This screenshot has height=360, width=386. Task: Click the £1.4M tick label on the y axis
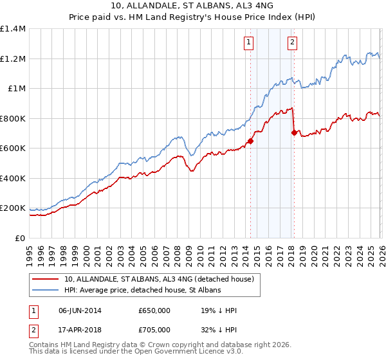click(x=12, y=29)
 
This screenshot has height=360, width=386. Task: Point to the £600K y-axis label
click(x=12, y=148)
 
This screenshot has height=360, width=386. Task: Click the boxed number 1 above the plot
click(x=248, y=43)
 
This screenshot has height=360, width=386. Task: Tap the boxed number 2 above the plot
click(x=292, y=43)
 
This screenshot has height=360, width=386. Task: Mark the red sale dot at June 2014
click(x=250, y=141)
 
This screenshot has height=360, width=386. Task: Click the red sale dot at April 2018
click(x=294, y=133)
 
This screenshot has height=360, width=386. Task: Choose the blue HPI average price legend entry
click(x=142, y=291)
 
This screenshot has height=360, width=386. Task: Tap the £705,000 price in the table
click(x=154, y=330)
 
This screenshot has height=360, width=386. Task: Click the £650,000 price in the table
click(x=154, y=311)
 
